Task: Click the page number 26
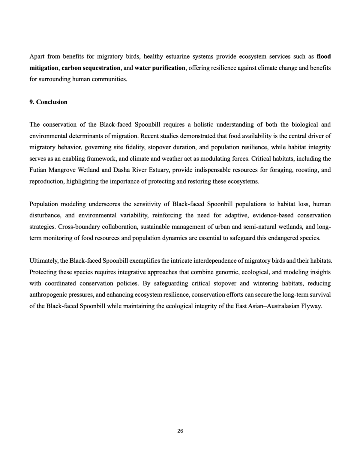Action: [180, 431]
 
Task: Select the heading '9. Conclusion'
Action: [48, 102]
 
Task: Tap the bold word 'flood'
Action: [324, 56]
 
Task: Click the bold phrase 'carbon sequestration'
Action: [91, 68]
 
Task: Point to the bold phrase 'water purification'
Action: [160, 68]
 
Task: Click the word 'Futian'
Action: [37, 170]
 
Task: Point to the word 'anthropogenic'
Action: [48, 295]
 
